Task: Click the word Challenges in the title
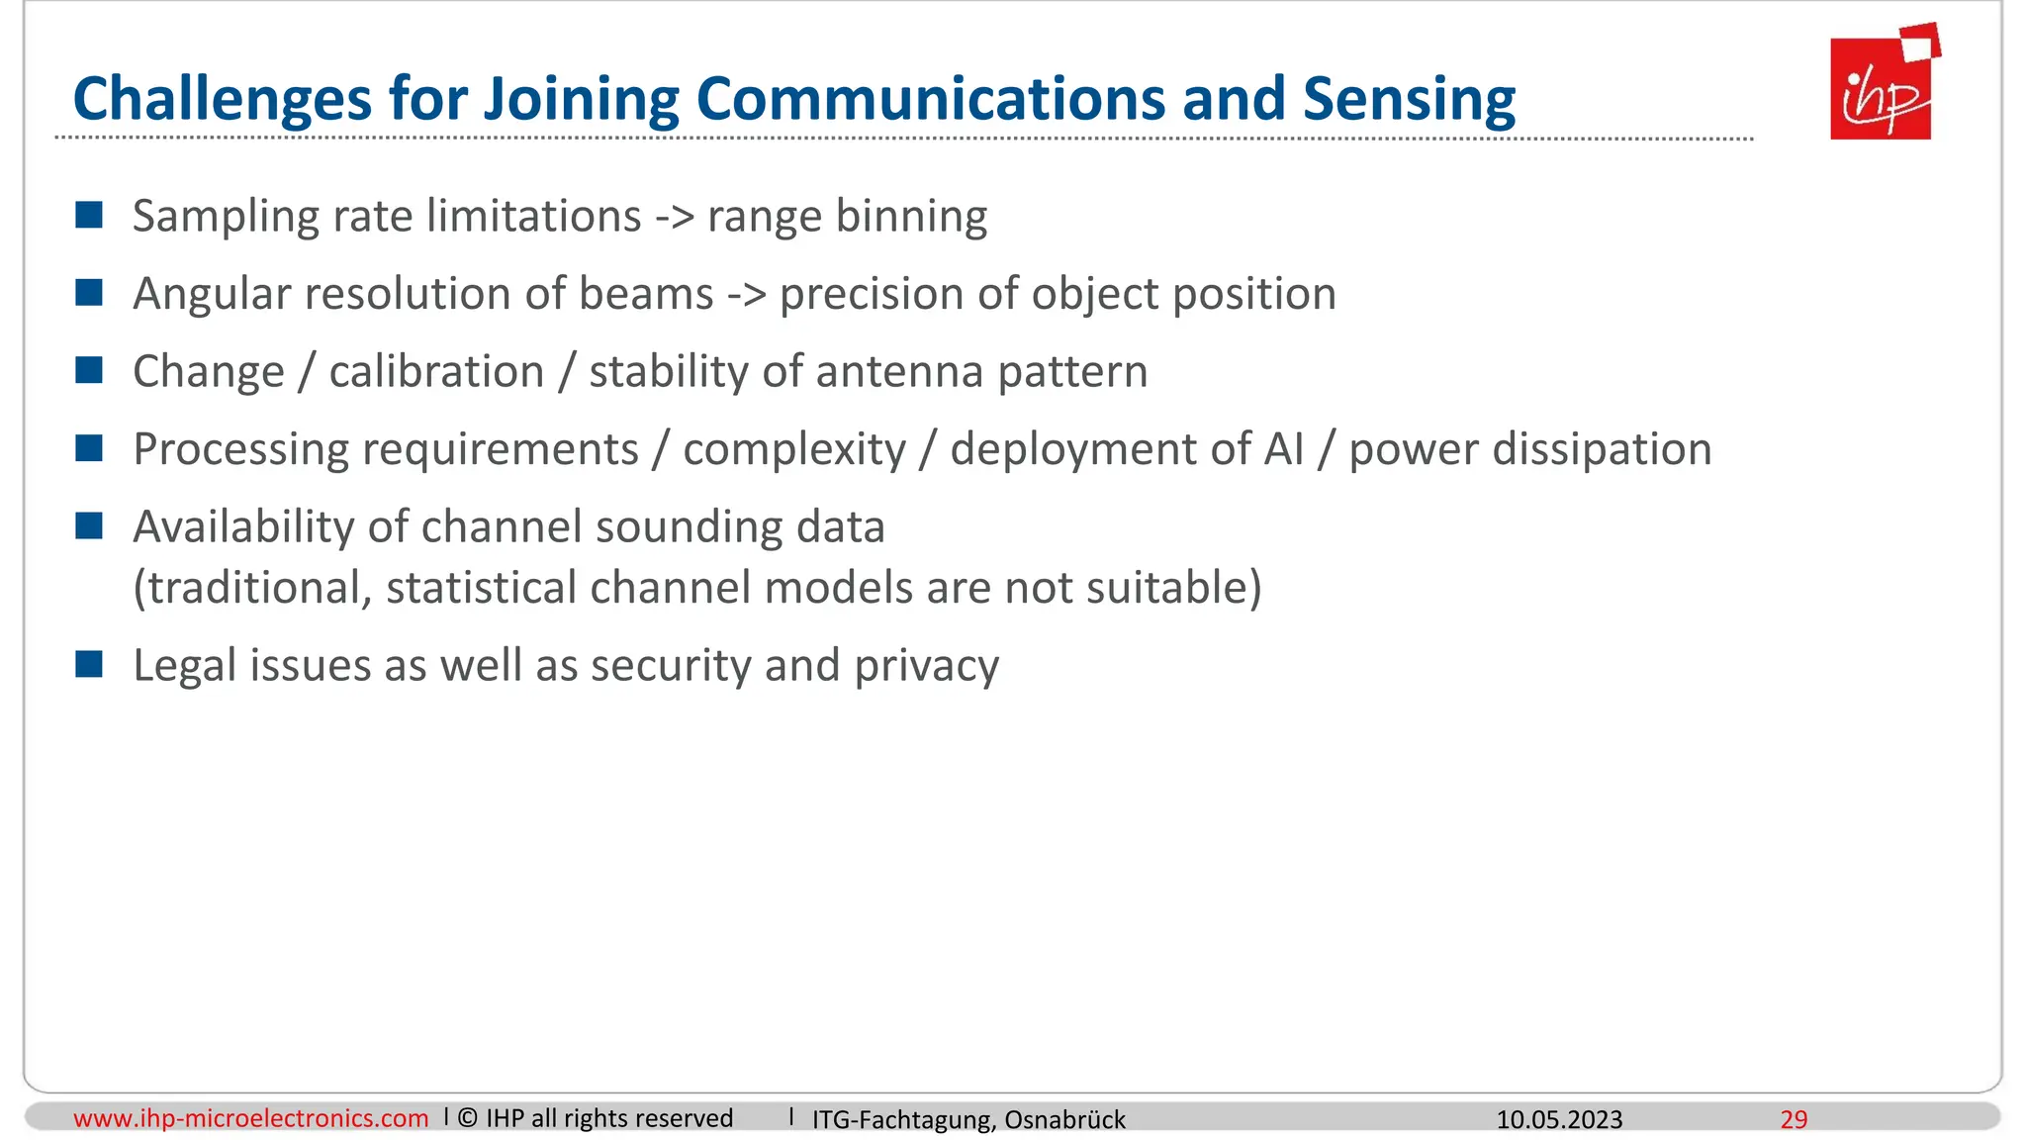(224, 101)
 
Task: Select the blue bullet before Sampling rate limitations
(89, 215)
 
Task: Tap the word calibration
(436, 372)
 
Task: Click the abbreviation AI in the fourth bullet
(1283, 449)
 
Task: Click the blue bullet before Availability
(89, 525)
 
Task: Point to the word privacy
(926, 666)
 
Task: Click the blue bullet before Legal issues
(89, 664)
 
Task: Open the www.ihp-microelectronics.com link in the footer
(250, 1118)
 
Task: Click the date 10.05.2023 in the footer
(1559, 1119)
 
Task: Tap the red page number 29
(1794, 1119)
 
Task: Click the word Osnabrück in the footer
(1064, 1119)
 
